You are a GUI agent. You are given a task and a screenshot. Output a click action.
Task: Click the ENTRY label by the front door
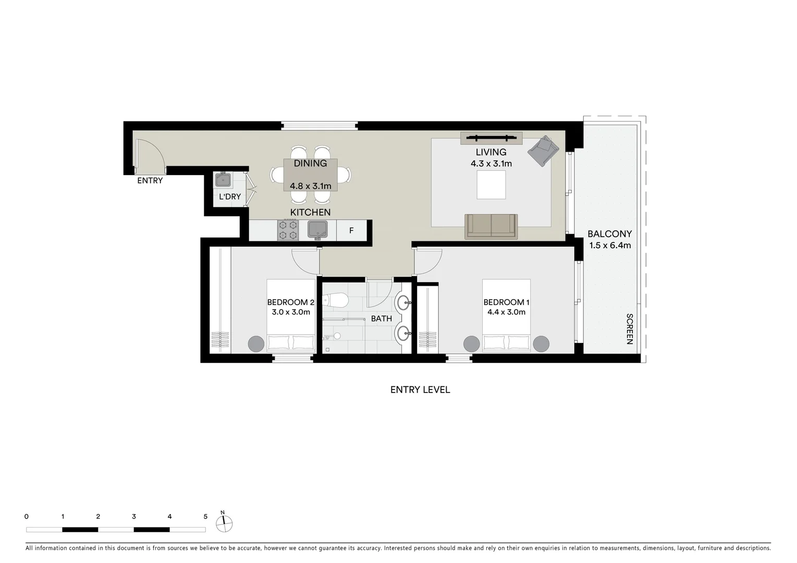click(x=150, y=181)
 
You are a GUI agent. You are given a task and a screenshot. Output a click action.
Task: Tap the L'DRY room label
click(x=230, y=197)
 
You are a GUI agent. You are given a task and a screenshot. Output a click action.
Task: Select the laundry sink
click(x=224, y=180)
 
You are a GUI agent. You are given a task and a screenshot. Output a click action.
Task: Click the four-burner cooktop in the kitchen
click(x=288, y=230)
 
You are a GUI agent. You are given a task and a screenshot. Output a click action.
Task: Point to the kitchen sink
click(x=317, y=229)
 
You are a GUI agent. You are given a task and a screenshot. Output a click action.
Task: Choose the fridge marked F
click(x=351, y=230)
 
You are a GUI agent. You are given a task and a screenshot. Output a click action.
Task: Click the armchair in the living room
click(x=543, y=151)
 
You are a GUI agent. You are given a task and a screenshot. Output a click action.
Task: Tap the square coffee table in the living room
click(x=491, y=185)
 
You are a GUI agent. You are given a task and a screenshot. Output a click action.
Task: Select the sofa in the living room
click(x=491, y=226)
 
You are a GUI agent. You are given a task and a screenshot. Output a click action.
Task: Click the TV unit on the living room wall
click(x=491, y=138)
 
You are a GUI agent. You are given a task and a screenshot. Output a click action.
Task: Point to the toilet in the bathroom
click(x=335, y=301)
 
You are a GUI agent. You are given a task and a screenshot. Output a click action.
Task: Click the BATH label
click(x=381, y=319)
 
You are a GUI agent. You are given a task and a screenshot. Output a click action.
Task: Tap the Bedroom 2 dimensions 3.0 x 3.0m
click(x=291, y=312)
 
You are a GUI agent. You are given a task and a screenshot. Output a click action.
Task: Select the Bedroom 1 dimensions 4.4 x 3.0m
click(x=506, y=312)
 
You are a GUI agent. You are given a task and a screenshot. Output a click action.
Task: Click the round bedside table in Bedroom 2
click(x=256, y=344)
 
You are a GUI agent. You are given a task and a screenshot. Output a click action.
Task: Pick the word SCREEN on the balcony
click(x=630, y=329)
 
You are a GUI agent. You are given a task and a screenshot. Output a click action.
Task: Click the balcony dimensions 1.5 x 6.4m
click(x=609, y=246)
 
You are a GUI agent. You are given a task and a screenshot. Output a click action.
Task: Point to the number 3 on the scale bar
click(x=134, y=517)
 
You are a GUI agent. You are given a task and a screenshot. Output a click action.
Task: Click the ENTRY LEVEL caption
click(x=420, y=389)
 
